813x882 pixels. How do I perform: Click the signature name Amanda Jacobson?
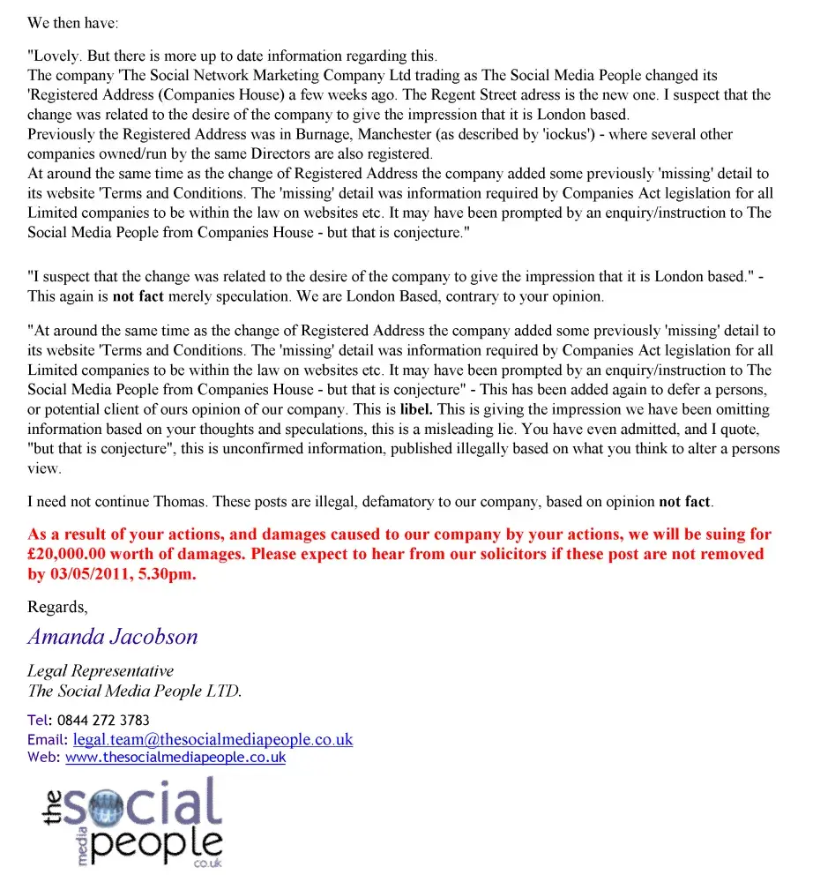point(113,637)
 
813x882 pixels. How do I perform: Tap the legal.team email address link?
point(213,739)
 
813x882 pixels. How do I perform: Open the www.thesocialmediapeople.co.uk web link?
point(175,757)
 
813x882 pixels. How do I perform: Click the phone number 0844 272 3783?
point(103,720)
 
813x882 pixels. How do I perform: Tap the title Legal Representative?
point(101,671)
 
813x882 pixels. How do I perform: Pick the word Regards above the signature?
point(57,607)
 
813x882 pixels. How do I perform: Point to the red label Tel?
point(38,720)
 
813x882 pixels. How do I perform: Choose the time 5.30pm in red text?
point(170,573)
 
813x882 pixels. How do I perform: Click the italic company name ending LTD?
point(134,691)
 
